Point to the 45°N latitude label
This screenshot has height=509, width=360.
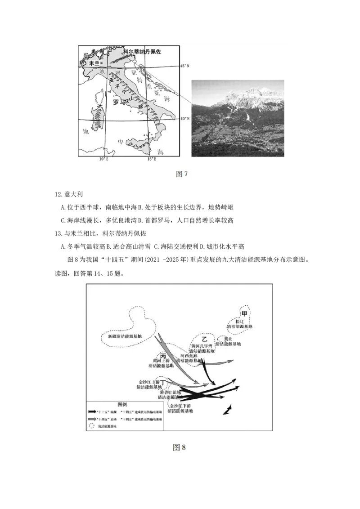(185, 66)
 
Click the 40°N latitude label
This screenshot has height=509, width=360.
(185, 119)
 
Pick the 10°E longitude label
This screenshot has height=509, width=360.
(104, 159)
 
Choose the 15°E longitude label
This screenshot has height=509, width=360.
(152, 159)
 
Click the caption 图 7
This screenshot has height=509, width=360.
(180, 174)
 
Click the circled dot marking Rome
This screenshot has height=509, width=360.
(127, 102)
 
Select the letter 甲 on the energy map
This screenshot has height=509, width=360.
(244, 313)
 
